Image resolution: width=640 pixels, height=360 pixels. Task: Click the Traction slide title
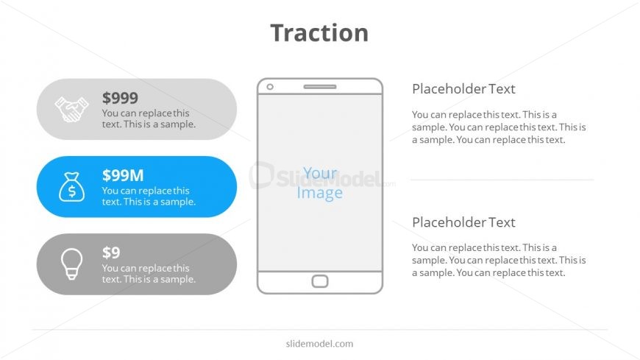(x=319, y=32)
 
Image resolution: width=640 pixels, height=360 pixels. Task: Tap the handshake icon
(x=72, y=109)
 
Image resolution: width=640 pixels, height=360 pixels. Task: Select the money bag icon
(x=72, y=187)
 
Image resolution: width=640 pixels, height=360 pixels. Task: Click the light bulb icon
(x=72, y=264)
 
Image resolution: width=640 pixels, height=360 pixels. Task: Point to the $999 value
(x=120, y=98)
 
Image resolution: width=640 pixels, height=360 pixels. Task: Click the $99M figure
(x=123, y=175)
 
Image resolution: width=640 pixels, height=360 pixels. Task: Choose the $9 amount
(x=111, y=253)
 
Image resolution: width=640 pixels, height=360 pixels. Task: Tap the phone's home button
(x=320, y=281)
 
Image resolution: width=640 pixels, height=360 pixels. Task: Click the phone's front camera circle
(x=270, y=87)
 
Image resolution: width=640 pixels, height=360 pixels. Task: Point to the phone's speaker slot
(x=320, y=87)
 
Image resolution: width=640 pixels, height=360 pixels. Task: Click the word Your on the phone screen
(x=320, y=173)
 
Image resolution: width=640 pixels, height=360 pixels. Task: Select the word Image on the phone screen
(x=319, y=192)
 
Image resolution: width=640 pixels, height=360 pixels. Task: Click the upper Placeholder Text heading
(x=463, y=88)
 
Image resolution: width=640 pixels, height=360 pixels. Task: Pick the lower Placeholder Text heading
(x=463, y=222)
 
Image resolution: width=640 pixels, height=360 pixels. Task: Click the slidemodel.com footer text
(x=319, y=344)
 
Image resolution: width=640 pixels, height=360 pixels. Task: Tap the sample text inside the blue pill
(x=149, y=196)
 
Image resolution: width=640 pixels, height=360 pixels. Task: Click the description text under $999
(x=149, y=119)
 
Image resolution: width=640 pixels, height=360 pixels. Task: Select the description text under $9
(x=149, y=273)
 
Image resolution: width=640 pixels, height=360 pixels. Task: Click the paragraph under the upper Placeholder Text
(x=499, y=127)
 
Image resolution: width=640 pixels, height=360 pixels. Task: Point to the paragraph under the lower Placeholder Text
(x=499, y=261)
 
